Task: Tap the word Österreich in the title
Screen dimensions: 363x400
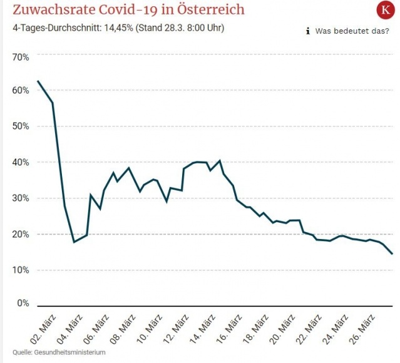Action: point(210,11)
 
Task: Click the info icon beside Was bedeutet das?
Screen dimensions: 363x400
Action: point(308,31)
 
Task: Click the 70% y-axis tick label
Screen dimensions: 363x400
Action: point(21,58)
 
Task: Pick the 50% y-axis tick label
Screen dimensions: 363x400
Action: point(21,126)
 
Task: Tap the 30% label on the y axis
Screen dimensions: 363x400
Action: point(21,198)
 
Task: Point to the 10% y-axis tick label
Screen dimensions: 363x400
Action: point(21,270)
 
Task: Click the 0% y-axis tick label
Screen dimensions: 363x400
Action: point(23,304)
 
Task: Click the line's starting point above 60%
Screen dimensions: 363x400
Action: point(38,81)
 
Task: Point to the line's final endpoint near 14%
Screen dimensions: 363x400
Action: point(392,254)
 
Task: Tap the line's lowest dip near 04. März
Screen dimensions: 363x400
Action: point(74,242)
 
